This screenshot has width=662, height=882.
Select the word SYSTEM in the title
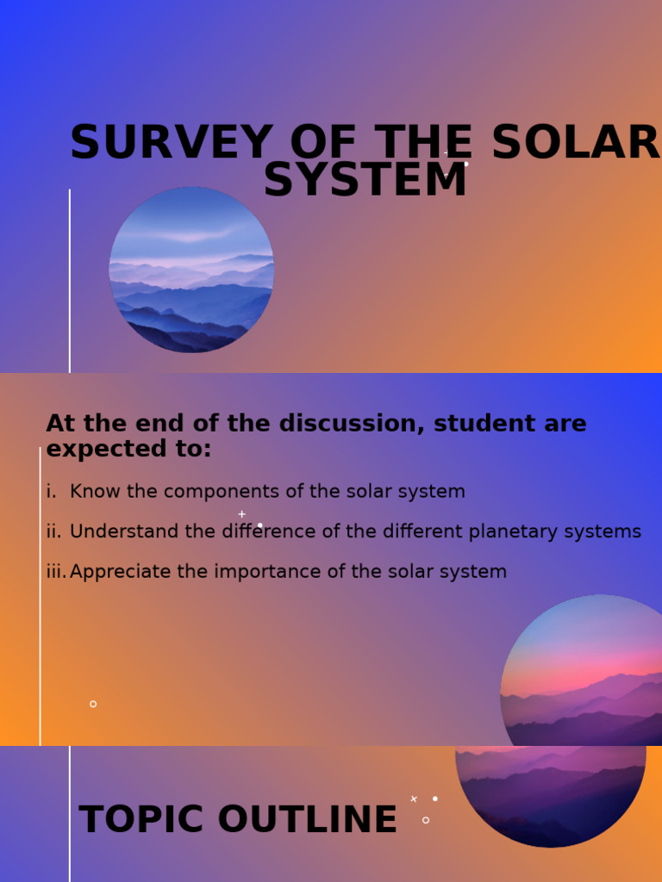click(x=365, y=181)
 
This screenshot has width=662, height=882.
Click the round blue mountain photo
click(x=191, y=270)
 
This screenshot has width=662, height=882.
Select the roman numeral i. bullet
click(x=51, y=492)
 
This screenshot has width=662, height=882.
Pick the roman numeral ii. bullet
click(x=53, y=531)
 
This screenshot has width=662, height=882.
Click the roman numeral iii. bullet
click(x=56, y=572)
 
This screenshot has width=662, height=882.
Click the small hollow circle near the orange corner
click(x=93, y=704)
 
